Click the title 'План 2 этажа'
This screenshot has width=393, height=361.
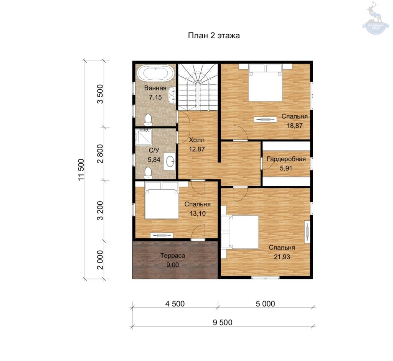[x=214, y=36]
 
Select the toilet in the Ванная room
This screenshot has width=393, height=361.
[x=148, y=120]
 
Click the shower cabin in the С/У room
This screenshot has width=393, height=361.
[x=144, y=137]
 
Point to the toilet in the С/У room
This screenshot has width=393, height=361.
[x=148, y=173]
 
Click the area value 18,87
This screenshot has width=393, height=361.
[x=295, y=126]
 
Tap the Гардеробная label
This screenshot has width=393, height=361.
[x=286, y=159]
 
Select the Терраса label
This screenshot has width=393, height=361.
[x=173, y=256]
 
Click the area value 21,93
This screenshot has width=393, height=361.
[x=282, y=257]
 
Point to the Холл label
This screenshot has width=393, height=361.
[x=197, y=140]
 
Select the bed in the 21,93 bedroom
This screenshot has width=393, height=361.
[x=240, y=232]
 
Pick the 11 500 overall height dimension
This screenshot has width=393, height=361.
[x=81, y=170]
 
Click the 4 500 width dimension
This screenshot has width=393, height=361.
[x=175, y=304]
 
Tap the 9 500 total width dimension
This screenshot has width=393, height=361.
[x=223, y=322]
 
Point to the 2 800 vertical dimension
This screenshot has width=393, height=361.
[x=100, y=154]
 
